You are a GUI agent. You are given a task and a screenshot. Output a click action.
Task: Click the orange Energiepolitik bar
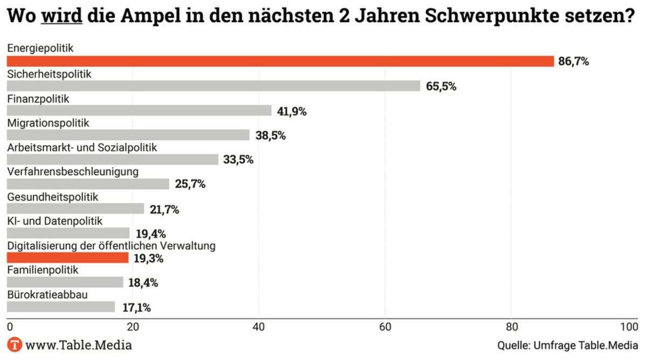(x=280, y=61)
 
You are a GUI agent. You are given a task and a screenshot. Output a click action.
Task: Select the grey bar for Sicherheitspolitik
(x=213, y=86)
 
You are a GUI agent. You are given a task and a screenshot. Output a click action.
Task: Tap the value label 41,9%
(x=292, y=111)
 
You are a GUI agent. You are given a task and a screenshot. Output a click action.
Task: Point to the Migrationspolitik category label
(x=48, y=123)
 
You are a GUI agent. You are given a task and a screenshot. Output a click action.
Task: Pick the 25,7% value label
(x=190, y=184)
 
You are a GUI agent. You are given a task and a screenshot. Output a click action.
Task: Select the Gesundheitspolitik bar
(x=75, y=209)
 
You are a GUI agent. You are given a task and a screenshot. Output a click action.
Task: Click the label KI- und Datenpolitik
(x=54, y=221)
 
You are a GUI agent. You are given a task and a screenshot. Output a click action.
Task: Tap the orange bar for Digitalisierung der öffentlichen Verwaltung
(x=67, y=258)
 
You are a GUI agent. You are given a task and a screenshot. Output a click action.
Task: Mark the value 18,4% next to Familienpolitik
(x=144, y=283)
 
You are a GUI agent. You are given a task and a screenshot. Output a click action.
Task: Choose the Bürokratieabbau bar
(x=60, y=307)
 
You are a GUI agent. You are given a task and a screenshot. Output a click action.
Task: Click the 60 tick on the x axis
(x=385, y=327)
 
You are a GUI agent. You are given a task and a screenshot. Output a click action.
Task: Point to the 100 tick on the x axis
(x=629, y=327)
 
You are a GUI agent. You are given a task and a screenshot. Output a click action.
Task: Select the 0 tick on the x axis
(x=9, y=327)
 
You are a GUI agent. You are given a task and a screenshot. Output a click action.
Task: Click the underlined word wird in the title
(x=62, y=16)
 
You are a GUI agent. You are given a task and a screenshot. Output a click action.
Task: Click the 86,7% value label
(x=574, y=61)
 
